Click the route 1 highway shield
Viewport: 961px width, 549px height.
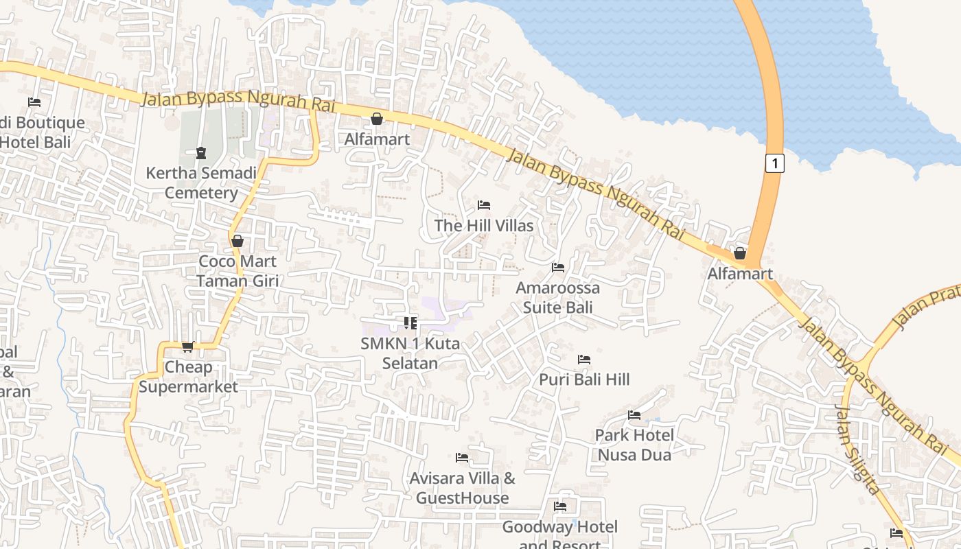774,163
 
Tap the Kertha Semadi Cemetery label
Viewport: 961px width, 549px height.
201,183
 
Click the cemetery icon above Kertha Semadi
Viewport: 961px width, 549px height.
201,152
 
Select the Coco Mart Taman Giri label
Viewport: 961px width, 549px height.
237,270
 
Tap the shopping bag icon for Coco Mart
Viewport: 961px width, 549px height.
238,241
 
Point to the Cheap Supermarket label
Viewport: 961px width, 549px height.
188,377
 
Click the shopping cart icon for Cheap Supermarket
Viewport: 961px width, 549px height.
187,347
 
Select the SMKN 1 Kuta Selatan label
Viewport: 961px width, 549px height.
410,353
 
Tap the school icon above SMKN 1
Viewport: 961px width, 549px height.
410,323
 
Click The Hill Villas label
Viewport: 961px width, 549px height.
483,225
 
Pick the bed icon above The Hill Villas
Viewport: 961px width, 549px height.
484,205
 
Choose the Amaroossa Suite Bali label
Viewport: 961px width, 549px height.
557,297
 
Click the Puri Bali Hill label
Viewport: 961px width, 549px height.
584,379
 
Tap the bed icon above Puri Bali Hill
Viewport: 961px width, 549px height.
584,359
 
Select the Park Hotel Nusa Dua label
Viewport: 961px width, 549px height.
634,444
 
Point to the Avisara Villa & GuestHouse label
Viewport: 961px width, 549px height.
462,487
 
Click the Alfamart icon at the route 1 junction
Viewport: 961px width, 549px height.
740,253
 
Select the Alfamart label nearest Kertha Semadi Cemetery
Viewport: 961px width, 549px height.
377,139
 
